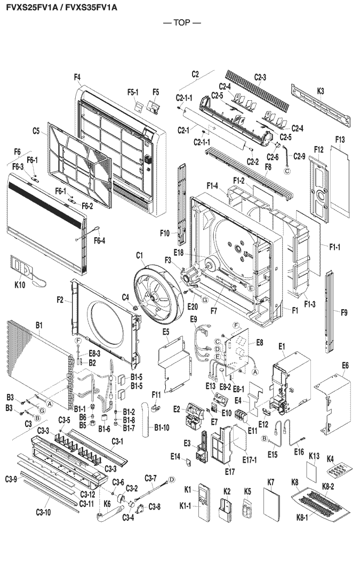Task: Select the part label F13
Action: click(341, 140)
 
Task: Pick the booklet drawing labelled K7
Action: click(273, 504)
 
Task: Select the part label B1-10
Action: click(162, 427)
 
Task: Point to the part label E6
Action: click(345, 365)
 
